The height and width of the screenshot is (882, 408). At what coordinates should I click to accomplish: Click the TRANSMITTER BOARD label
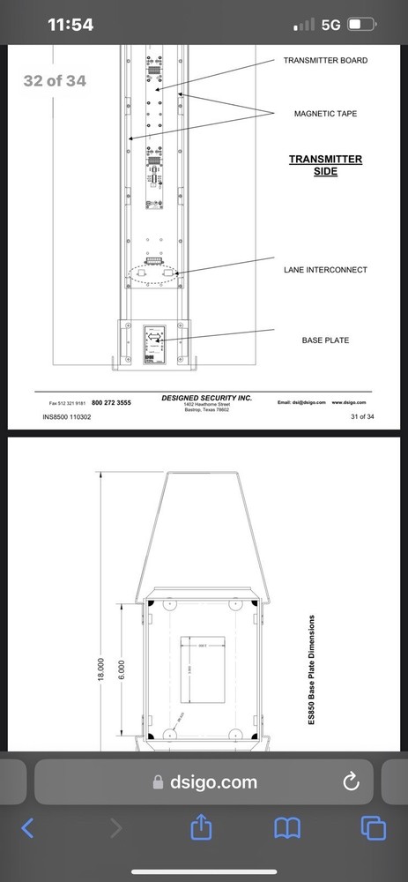click(x=325, y=61)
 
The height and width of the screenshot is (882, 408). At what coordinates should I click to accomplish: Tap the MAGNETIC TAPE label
click(x=325, y=114)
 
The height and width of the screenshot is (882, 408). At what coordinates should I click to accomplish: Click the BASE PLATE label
click(x=325, y=339)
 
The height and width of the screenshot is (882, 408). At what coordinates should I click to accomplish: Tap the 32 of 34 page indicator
click(x=55, y=81)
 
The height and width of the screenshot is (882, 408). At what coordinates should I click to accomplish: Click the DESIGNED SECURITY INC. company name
click(x=206, y=398)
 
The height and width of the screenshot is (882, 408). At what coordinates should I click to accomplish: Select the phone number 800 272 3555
click(x=111, y=402)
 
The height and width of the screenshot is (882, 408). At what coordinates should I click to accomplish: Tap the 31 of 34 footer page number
click(x=362, y=416)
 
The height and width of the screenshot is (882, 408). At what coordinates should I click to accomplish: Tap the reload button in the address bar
click(x=349, y=781)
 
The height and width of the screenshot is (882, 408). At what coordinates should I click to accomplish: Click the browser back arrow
click(x=27, y=828)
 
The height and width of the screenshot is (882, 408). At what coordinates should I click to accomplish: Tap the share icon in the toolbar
click(x=202, y=827)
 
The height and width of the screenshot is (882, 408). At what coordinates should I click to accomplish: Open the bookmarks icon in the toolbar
click(x=288, y=828)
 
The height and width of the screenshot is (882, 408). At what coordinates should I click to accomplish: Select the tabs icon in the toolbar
click(x=374, y=828)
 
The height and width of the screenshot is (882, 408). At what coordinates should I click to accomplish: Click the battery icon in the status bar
click(x=364, y=25)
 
